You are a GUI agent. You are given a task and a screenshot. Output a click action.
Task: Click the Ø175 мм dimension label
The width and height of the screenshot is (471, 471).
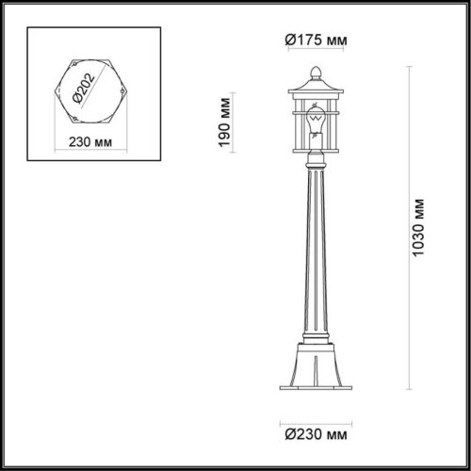314,41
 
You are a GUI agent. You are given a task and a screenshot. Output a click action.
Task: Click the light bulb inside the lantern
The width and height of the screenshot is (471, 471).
317,123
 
